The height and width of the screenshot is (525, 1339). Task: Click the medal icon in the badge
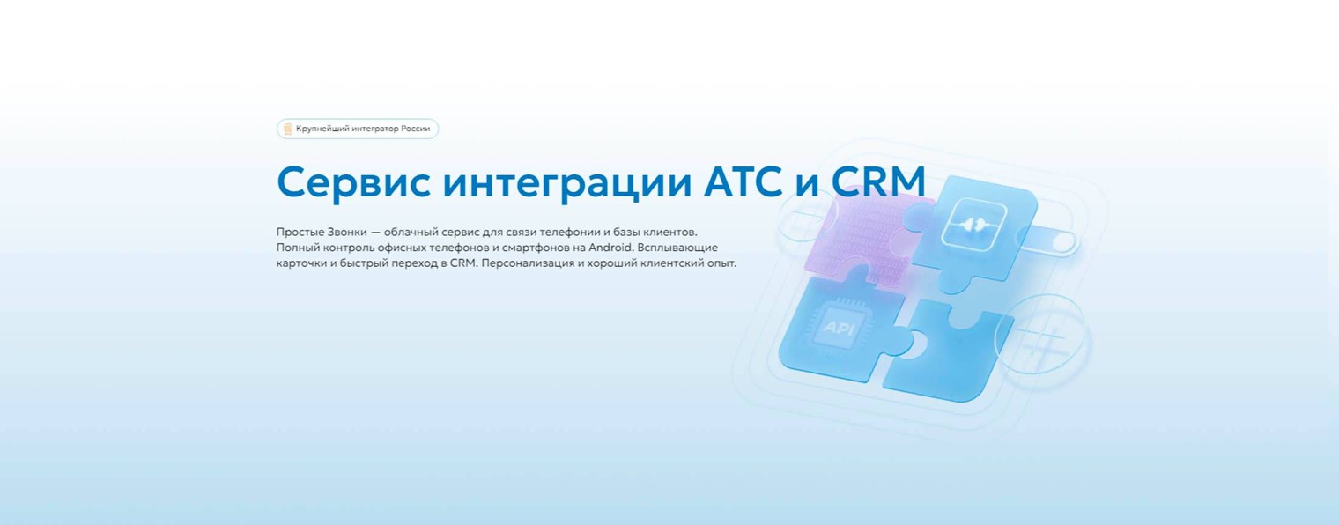coord(287,129)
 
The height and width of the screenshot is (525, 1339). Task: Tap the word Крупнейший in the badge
coord(323,129)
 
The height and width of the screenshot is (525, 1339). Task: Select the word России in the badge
coord(416,129)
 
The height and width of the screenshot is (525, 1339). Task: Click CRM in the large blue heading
coord(878,182)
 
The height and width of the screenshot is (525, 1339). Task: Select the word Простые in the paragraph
coord(300,232)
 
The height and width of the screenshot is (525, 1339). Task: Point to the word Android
coord(610,248)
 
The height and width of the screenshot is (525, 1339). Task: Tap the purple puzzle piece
coord(859,238)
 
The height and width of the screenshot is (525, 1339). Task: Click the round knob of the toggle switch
coord(1064,241)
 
